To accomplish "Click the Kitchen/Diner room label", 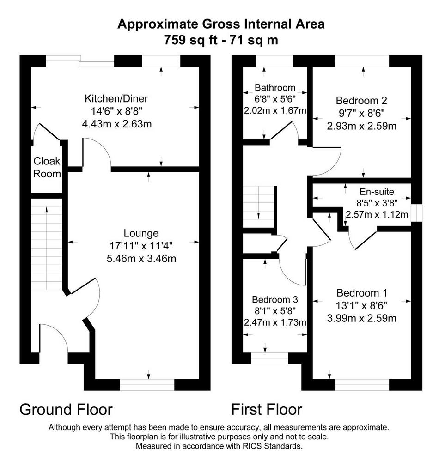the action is tap(116, 99).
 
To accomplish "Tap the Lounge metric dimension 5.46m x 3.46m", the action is tap(141, 259).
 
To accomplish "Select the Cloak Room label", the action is tap(47, 167).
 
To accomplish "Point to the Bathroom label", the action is tap(275, 87).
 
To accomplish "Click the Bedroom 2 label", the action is tap(361, 100).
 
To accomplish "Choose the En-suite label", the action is tap(377, 192).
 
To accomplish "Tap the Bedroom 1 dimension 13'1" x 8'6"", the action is tap(361, 306).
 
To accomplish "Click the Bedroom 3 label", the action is tap(275, 299).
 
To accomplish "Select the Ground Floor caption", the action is tap(66, 410).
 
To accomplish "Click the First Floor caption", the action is tap(267, 410).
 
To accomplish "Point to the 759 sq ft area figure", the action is tap(190, 40).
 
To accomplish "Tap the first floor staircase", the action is tap(259, 207).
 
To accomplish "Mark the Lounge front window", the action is tap(147, 385).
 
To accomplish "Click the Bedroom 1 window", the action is tap(362, 385).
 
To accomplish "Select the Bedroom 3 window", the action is tap(270, 358).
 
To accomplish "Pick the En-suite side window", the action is tap(417, 213).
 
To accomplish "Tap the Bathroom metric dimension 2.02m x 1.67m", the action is tap(275, 110).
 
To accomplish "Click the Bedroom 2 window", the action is tap(362, 61).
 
